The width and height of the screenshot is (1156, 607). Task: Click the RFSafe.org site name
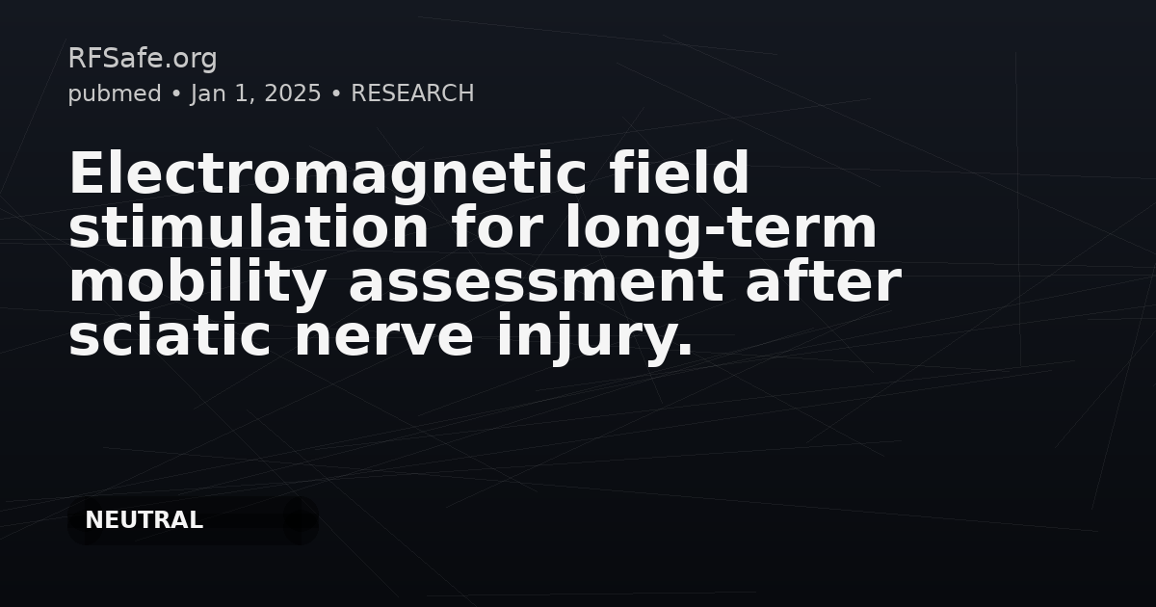[x=143, y=59]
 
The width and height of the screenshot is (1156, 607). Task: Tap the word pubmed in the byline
[x=115, y=93]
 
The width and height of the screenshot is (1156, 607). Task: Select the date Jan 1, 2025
[x=255, y=93]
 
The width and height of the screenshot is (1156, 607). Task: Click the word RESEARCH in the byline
[x=412, y=93]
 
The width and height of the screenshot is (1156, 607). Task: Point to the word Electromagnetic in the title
[x=319, y=174]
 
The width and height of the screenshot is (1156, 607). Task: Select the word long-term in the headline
[x=721, y=228]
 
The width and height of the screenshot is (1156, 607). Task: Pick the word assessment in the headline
[x=536, y=282]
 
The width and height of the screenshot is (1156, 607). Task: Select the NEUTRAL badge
[x=144, y=520]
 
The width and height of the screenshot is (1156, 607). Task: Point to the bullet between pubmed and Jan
[x=176, y=94]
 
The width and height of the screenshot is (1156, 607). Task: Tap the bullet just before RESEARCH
[x=336, y=94]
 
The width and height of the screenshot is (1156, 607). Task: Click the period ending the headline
[x=686, y=352]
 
